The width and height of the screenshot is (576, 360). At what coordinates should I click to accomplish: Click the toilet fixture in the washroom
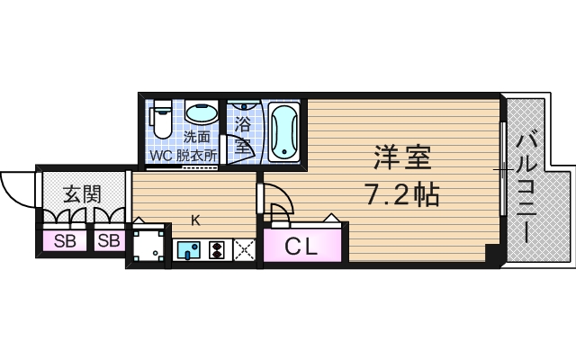click(161, 118)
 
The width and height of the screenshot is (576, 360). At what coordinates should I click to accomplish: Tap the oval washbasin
click(201, 114)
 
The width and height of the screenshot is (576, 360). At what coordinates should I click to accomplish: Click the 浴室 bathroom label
click(243, 130)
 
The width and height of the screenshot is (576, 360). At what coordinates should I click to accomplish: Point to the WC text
click(162, 154)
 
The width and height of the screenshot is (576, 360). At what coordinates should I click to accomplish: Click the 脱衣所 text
click(198, 154)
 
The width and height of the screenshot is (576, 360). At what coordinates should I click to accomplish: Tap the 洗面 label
click(197, 137)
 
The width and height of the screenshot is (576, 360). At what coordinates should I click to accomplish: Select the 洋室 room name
click(401, 158)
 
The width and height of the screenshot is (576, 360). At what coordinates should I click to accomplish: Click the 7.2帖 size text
click(401, 193)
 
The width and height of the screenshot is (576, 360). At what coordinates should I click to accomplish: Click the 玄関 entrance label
click(81, 193)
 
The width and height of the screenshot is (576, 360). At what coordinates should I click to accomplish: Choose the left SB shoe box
click(65, 240)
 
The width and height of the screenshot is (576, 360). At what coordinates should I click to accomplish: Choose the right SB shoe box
click(108, 240)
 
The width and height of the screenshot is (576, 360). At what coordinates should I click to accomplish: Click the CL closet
click(301, 246)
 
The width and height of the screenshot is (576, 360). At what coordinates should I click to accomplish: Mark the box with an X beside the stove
click(244, 250)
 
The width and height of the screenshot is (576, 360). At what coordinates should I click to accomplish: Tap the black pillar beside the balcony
click(491, 253)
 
